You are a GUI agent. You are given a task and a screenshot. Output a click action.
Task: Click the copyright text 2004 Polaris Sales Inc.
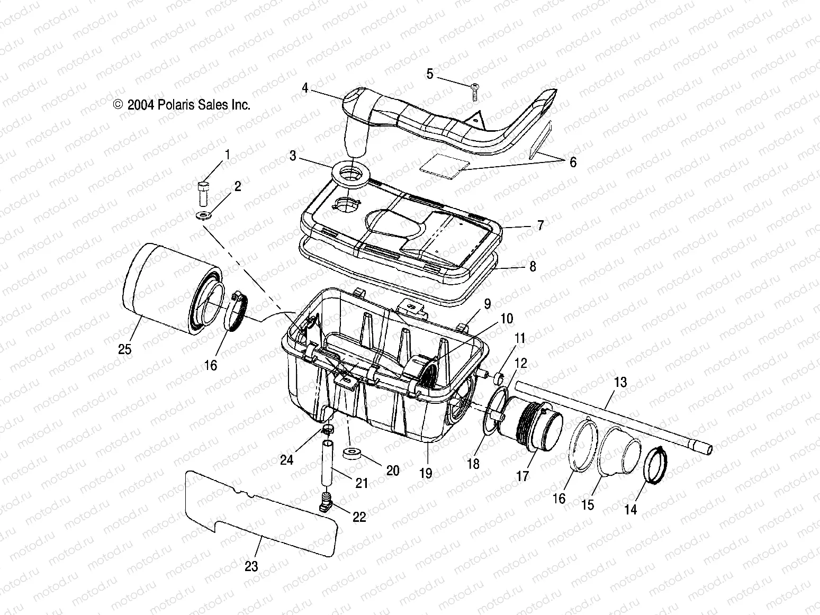tap(182, 105)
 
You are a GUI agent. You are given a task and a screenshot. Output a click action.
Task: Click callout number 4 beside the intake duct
tap(305, 87)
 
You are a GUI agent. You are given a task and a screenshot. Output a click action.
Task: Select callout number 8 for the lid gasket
tap(533, 266)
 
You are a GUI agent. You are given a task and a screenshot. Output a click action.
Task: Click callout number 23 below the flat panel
tap(251, 566)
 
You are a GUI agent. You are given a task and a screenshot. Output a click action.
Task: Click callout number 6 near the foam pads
tap(573, 162)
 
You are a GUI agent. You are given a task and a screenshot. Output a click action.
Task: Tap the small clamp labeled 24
tap(328, 429)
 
